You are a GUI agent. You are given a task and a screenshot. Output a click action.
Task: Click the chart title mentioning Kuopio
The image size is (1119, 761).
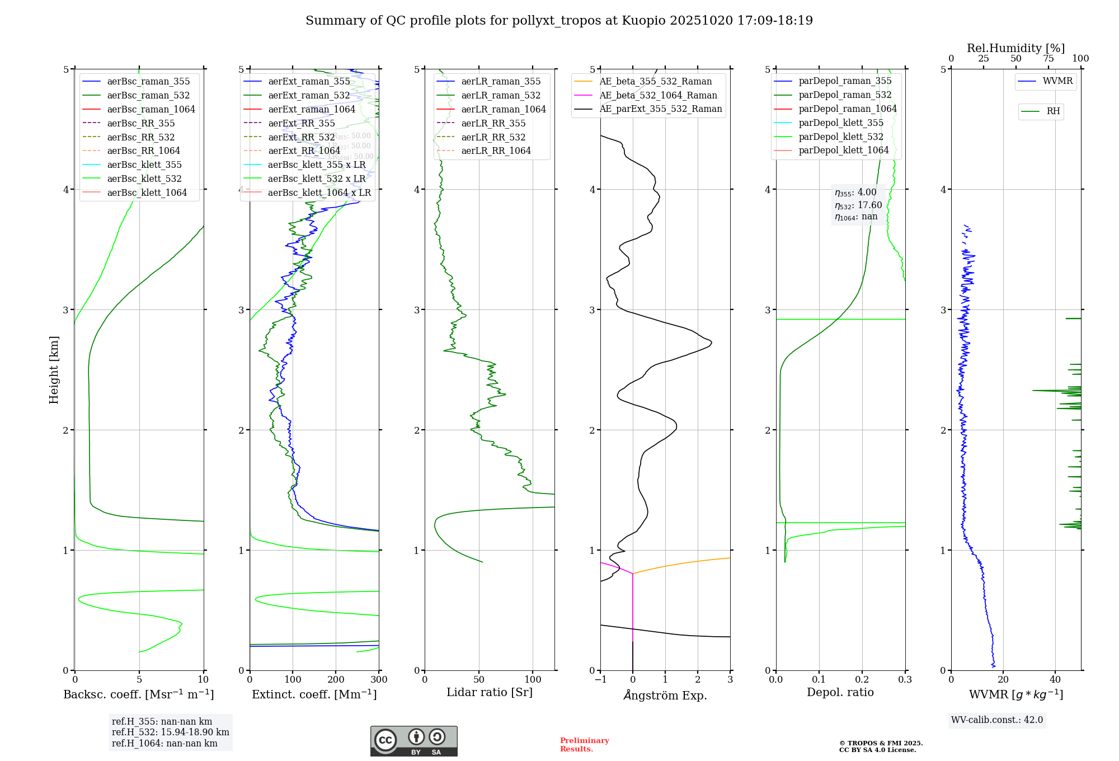coord(559,21)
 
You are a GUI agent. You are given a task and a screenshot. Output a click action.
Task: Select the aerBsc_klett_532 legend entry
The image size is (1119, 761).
coord(144,178)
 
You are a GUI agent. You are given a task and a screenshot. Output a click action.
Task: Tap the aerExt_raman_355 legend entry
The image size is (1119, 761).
coord(309,81)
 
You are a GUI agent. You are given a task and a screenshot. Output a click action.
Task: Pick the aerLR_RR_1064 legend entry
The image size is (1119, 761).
coord(496,151)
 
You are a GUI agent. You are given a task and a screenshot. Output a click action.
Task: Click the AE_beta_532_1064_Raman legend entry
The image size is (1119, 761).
coord(658,95)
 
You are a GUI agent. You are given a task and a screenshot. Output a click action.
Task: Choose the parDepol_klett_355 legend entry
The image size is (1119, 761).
coord(841,123)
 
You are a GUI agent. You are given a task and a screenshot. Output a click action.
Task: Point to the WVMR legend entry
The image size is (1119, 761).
coord(1057,81)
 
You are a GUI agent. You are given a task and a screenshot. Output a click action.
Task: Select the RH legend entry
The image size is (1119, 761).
coord(1053,111)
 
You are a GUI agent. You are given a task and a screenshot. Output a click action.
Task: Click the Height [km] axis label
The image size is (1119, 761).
coord(54,369)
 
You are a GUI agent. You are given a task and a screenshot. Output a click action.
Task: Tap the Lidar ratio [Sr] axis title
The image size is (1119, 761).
coord(490,692)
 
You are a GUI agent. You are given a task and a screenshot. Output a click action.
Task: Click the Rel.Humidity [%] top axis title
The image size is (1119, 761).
coord(1015,48)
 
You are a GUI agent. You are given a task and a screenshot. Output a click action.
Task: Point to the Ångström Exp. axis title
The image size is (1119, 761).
coord(665,695)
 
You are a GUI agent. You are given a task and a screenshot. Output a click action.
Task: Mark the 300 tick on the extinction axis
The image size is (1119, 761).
coord(379,679)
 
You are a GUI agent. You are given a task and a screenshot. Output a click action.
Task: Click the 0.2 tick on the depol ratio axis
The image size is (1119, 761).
coord(862,679)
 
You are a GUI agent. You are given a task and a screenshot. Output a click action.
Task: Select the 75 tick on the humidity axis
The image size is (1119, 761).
coord(1049,59)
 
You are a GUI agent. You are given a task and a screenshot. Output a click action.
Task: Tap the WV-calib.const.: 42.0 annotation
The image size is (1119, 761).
coord(996,720)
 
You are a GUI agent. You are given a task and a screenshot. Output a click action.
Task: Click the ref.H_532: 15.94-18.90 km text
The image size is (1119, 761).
coord(170,732)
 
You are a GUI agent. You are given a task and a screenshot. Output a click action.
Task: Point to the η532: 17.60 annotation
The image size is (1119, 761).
coord(858,205)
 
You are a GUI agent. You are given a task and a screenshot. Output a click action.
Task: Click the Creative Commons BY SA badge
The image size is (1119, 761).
coord(413,741)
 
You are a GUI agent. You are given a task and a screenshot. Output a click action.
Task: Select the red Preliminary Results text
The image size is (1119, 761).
coord(584,744)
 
